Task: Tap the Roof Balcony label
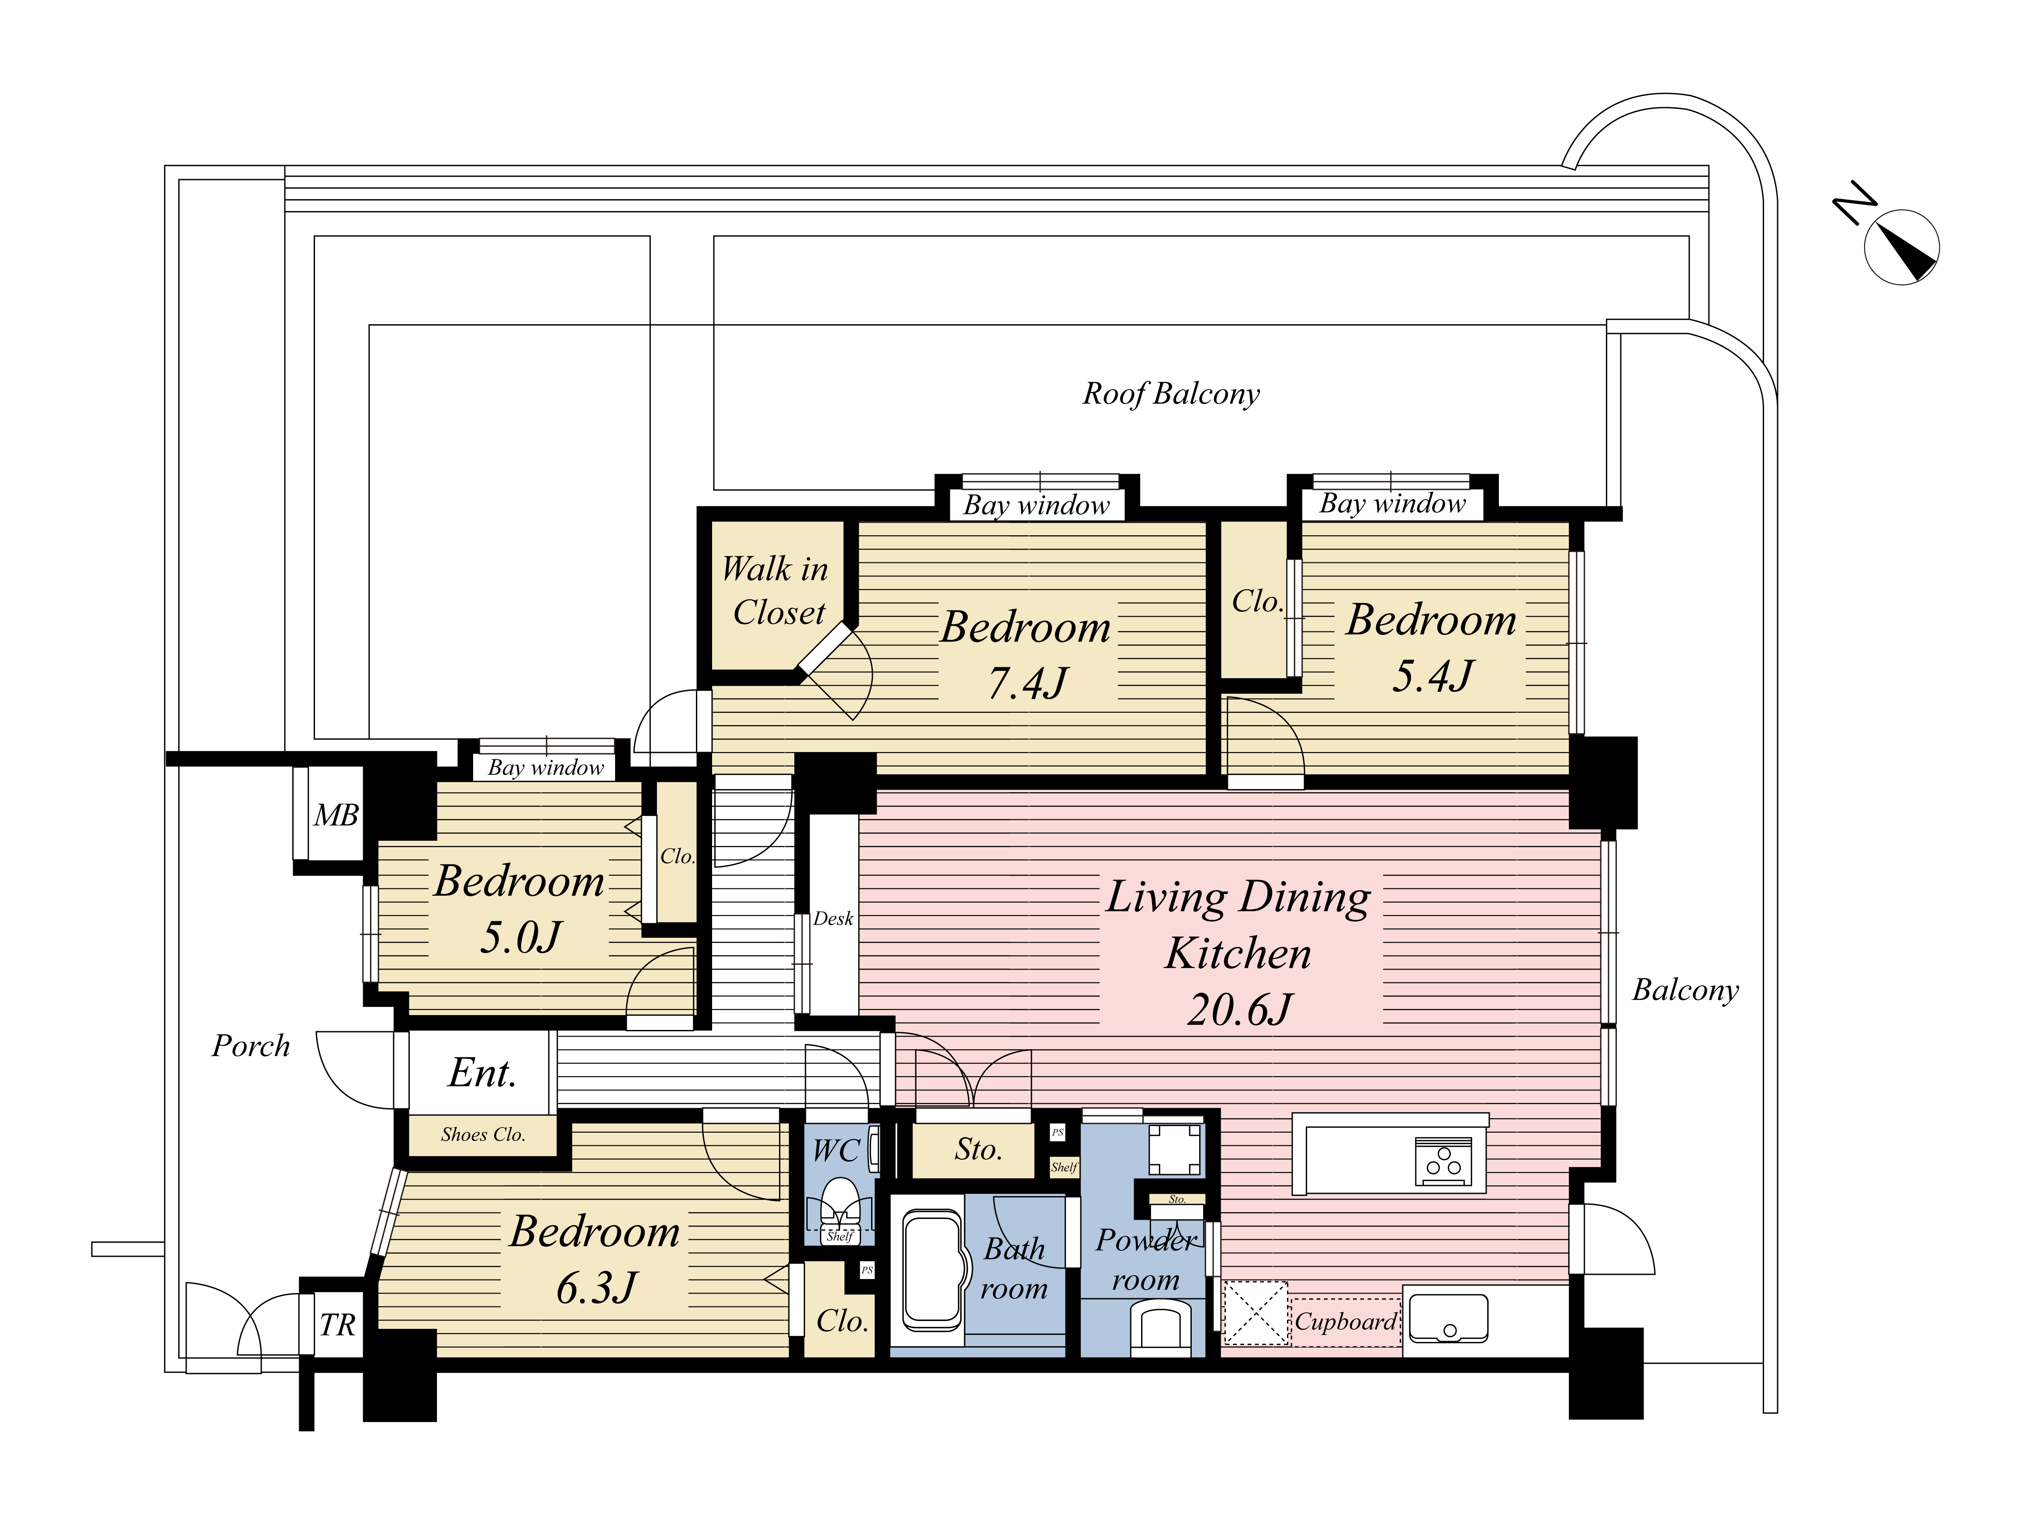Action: pos(1171,394)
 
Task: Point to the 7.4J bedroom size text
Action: pos(1028,682)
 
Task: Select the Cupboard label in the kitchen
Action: pos(1346,1321)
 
